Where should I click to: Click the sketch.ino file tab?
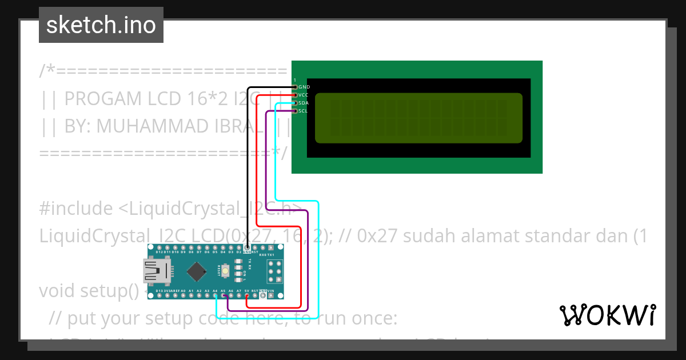pyautogui.click(x=101, y=25)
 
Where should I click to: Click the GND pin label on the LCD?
pyautogui.click(x=304, y=87)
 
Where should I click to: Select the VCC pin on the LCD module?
pyautogui.click(x=295, y=95)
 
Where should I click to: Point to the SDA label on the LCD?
pyautogui.click(x=304, y=103)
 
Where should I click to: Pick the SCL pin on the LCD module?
pyautogui.click(x=295, y=111)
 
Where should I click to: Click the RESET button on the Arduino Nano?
pyautogui.click(x=226, y=270)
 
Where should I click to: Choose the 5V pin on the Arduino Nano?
pyautogui.click(x=246, y=295)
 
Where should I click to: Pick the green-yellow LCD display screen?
pyautogui.click(x=418, y=118)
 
